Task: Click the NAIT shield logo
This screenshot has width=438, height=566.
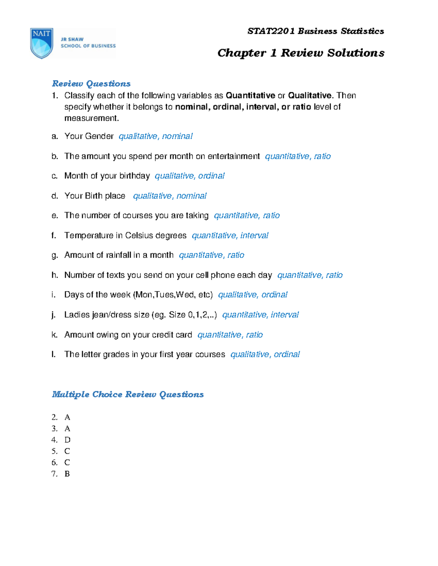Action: pyautogui.click(x=42, y=43)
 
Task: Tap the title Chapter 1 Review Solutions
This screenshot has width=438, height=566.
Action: pyautogui.click(x=301, y=53)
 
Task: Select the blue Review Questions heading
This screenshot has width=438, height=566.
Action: pyautogui.click(x=91, y=84)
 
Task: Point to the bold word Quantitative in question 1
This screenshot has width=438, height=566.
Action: pyautogui.click(x=250, y=95)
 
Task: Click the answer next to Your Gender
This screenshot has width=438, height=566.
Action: pyautogui.click(x=155, y=136)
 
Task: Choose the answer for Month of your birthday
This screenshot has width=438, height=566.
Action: pyautogui.click(x=189, y=176)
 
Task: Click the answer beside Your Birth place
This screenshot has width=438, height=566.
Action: pyautogui.click(x=170, y=196)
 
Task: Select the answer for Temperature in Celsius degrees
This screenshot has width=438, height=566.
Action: pyautogui.click(x=230, y=236)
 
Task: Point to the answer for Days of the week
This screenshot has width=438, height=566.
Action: pyautogui.click(x=253, y=295)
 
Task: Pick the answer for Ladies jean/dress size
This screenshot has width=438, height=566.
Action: pyautogui.click(x=260, y=315)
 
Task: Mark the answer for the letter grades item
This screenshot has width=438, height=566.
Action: pyautogui.click(x=265, y=355)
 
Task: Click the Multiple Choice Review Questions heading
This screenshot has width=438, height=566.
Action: pyautogui.click(x=128, y=395)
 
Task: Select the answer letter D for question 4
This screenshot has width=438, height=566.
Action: pyautogui.click(x=68, y=440)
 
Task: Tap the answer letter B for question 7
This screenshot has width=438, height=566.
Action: pyautogui.click(x=67, y=474)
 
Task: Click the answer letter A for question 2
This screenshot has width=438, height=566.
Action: pyautogui.click(x=68, y=417)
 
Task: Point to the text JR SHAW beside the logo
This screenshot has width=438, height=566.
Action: pyautogui.click(x=72, y=39)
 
